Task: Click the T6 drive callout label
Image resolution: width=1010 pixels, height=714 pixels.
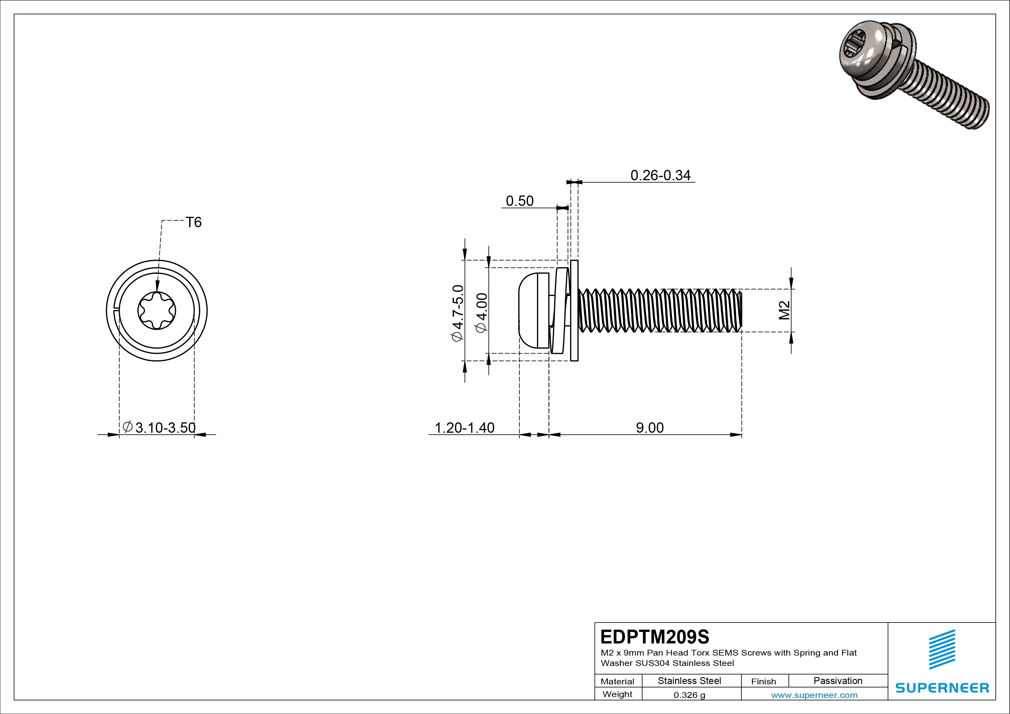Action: (193, 223)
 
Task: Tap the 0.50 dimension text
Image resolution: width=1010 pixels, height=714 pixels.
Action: (519, 201)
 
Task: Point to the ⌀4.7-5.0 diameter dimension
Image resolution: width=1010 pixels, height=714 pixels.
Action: (457, 313)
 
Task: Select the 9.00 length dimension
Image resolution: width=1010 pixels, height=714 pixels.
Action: (650, 428)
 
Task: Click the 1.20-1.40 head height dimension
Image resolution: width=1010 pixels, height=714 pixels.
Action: (464, 428)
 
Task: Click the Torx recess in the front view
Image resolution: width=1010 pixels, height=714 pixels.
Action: (157, 311)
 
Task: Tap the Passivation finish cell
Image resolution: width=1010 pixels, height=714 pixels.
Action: (838, 681)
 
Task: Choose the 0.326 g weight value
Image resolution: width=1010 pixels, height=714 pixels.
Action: (689, 695)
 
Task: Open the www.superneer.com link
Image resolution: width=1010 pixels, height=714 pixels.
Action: (814, 695)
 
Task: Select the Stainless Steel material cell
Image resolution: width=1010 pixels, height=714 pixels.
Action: (689, 681)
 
